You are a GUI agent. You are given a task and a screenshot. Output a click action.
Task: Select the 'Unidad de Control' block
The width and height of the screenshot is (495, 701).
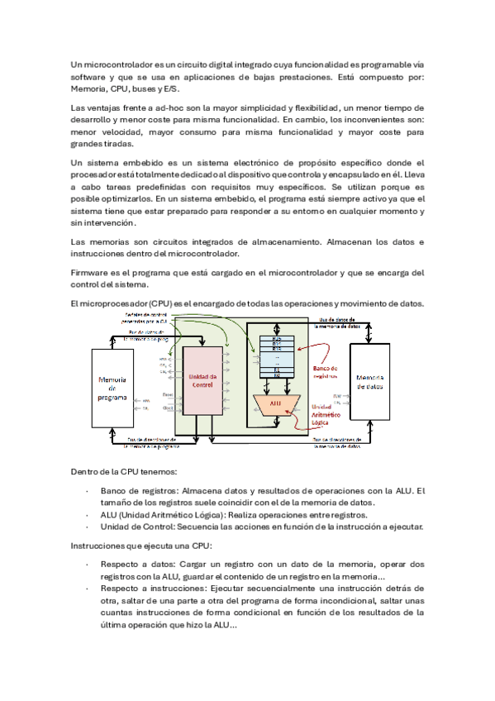coord(202,381)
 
